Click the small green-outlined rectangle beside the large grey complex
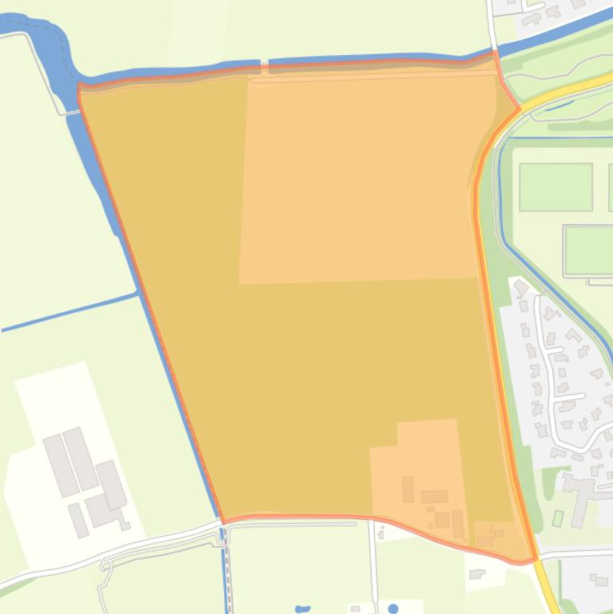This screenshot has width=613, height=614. coord(558,518)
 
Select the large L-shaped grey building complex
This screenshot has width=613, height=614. coord(580,490)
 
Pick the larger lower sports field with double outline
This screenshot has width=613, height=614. coord(588,250)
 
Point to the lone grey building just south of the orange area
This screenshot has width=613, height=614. coord(477,573)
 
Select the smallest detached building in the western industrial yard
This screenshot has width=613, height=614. coord(125,525)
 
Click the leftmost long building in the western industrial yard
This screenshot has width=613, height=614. coord(60,464)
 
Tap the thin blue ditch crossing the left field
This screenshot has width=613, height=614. coord(68,313)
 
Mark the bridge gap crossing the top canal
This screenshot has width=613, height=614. coord(264,65)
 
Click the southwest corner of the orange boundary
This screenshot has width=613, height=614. coord(222,522)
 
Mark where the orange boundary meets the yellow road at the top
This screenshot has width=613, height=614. coord(519,109)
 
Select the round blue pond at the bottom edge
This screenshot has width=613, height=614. coord(393,609)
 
